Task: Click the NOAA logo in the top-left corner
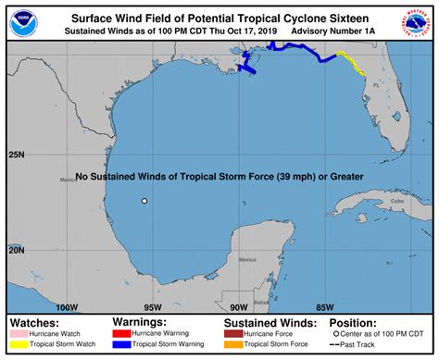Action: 19,22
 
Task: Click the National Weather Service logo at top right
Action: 419,22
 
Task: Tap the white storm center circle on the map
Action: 144,201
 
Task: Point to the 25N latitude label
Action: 17,155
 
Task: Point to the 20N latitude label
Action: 17,250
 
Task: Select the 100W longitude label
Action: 66,307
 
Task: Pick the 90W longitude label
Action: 238,307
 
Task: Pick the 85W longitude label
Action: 324,307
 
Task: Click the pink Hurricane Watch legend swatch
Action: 20,332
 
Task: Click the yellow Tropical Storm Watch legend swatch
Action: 20,345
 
